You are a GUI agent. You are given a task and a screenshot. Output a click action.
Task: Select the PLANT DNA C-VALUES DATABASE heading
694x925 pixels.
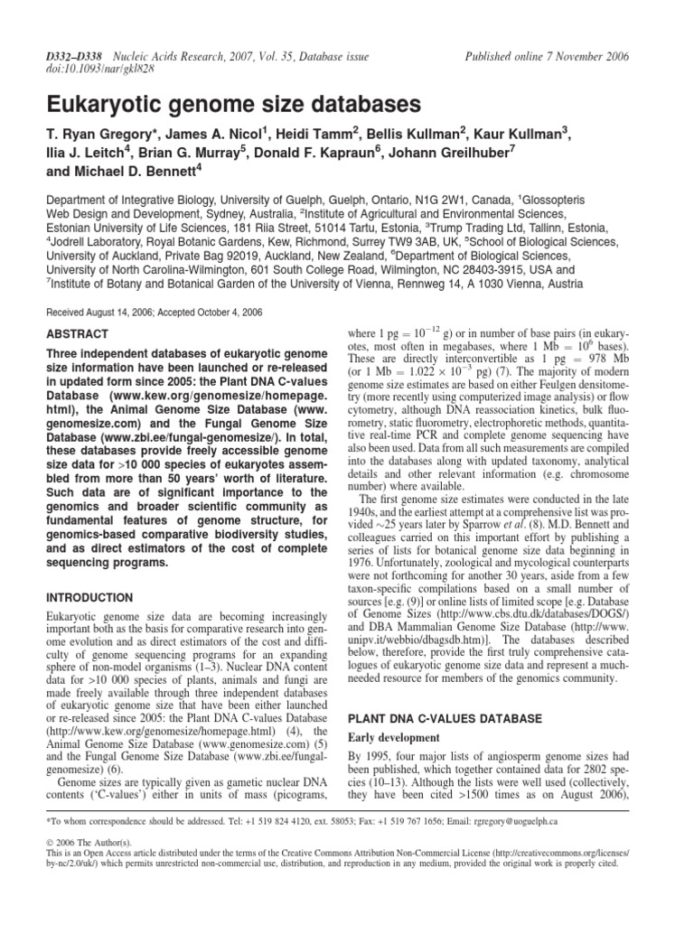click(x=445, y=693)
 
